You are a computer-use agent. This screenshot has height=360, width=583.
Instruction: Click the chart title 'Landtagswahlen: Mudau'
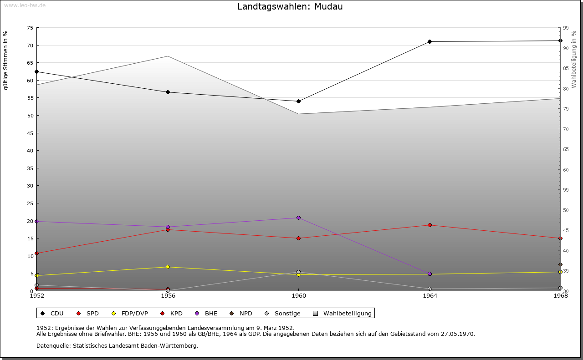pyautogui.click(x=290, y=7)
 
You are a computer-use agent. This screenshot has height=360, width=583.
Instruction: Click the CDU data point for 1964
pyautogui.click(x=430, y=42)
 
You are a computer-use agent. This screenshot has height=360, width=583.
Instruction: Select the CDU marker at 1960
pyautogui.click(x=298, y=101)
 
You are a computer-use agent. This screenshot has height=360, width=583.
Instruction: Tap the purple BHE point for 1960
pyautogui.click(x=298, y=218)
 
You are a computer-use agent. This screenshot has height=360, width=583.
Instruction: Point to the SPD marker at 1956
pyautogui.click(x=168, y=230)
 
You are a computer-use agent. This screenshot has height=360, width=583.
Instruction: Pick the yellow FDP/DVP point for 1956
pyautogui.click(x=168, y=267)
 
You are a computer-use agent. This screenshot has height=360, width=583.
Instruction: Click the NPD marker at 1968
pyautogui.click(x=560, y=265)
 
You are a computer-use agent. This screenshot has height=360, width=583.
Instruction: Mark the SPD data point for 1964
pyautogui.click(x=430, y=225)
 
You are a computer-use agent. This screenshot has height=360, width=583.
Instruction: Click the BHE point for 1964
pyautogui.click(x=430, y=274)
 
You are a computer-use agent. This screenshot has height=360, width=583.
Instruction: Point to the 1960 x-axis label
pyautogui.click(x=298, y=295)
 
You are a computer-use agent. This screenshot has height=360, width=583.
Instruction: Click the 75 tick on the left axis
pyautogui.click(x=30, y=28)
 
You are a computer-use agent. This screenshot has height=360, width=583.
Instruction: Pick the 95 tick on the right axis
pyautogui.click(x=566, y=28)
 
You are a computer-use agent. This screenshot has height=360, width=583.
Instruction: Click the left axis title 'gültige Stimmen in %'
pyautogui.click(x=6, y=61)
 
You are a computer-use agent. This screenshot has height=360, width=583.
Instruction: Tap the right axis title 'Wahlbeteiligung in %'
pyautogui.click(x=574, y=59)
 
